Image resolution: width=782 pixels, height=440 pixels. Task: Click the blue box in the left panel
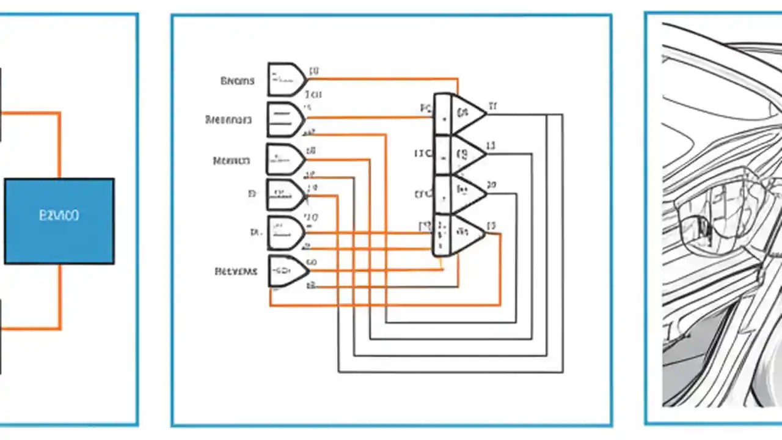pyautogui.click(x=59, y=221)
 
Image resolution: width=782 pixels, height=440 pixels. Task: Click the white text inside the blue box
pyautogui.click(x=59, y=216)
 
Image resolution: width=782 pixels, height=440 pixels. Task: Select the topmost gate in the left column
pyautogui.click(x=286, y=79)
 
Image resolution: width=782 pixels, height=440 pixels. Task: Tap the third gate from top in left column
pyautogui.click(x=285, y=159)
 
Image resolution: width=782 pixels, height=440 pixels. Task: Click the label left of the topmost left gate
pyautogui.click(x=237, y=81)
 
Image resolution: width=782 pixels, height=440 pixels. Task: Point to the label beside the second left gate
pyautogui.click(x=228, y=120)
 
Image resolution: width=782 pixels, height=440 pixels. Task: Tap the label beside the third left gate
pyautogui.click(x=231, y=161)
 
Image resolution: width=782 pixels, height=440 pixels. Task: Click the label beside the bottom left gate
pyautogui.click(x=236, y=271)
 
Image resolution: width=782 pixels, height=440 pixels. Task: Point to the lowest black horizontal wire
pyautogui.click(x=452, y=372)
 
